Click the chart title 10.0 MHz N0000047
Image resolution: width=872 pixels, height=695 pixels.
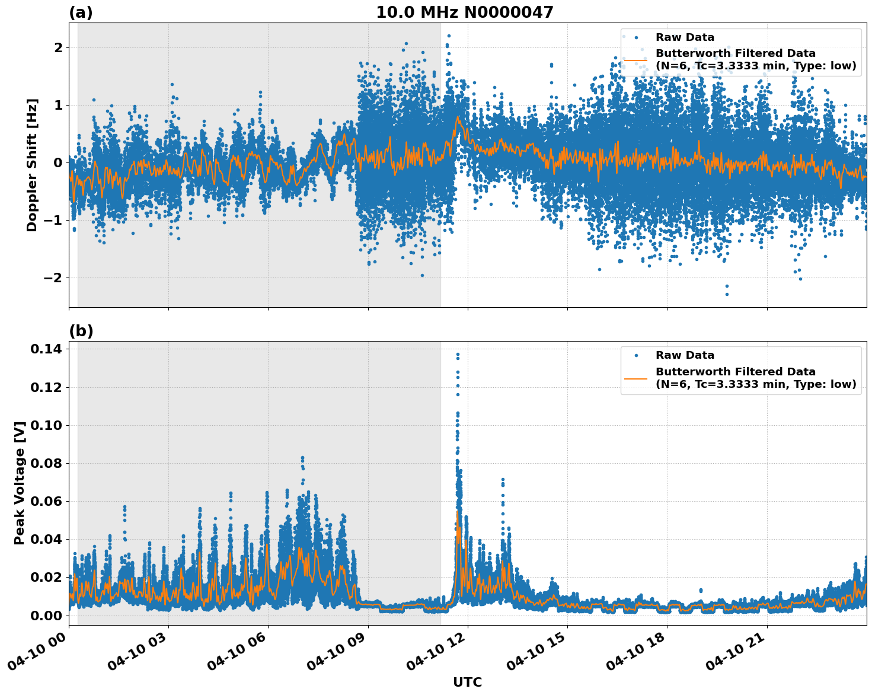coord(464,12)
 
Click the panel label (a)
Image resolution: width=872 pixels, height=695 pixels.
coord(81,12)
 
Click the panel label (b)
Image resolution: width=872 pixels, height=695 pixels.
coord(81,331)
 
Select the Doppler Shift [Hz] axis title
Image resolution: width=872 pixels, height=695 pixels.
coord(32,165)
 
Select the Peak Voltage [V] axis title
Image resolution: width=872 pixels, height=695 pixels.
coord(20,483)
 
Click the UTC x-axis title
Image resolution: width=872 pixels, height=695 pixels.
coord(467,682)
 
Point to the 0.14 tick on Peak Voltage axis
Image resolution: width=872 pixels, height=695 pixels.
coord(46,349)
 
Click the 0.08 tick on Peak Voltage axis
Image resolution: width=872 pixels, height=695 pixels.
coord(46,463)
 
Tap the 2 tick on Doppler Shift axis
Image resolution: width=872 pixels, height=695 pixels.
coord(58,47)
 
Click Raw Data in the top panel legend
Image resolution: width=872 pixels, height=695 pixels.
coord(685,37)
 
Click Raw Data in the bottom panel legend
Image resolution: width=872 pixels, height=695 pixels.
coord(685,355)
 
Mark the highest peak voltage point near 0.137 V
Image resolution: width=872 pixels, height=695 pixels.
coord(458,354)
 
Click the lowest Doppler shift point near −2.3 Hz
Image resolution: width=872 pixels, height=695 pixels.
coord(727,294)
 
